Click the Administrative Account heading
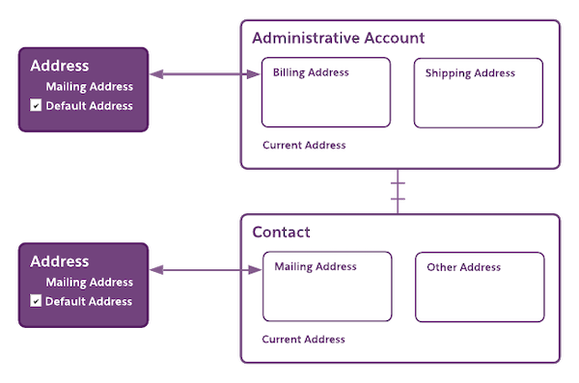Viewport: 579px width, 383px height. coord(338,38)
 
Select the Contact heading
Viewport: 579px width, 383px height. coord(281,233)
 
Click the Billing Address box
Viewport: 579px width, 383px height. coord(325,93)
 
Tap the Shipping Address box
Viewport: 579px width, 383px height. coord(479,93)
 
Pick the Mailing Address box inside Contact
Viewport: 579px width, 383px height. coord(327,287)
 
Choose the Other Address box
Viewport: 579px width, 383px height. coord(480,287)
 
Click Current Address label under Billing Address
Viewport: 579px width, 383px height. coord(304,146)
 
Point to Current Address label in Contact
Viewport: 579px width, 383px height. coord(304,340)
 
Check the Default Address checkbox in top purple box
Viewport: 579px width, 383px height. coord(36,106)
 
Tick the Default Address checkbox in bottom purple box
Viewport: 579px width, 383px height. coord(36,301)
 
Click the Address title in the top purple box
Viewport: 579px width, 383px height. coord(60,67)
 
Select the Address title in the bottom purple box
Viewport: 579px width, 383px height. coord(60,261)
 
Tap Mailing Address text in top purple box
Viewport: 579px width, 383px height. coord(89,87)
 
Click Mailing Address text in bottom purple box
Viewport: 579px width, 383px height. coord(89,283)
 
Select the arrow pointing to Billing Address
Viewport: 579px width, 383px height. coord(206,73)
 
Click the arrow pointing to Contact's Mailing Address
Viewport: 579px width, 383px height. coord(206,273)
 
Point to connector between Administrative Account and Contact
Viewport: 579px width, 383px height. coord(398,191)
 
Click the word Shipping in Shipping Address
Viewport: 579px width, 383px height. coord(447,73)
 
